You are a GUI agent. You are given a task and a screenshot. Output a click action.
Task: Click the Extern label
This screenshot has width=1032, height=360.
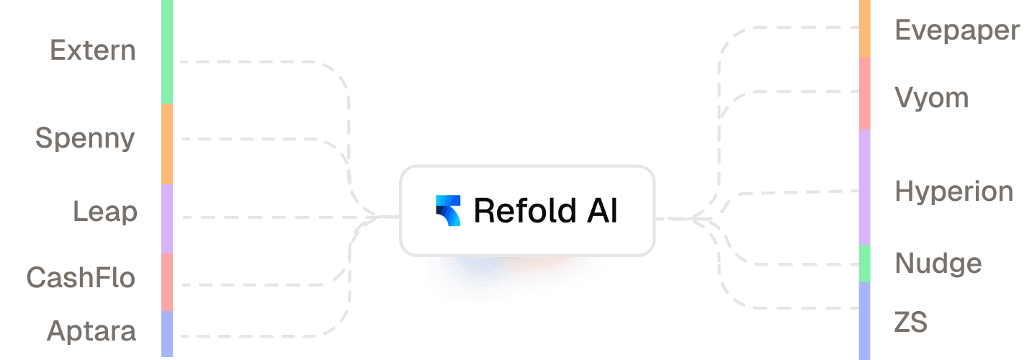[93, 50]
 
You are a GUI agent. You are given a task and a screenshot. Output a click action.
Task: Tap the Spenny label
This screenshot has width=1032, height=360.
[85, 138]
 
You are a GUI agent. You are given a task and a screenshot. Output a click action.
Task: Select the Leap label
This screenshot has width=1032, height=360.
[104, 212]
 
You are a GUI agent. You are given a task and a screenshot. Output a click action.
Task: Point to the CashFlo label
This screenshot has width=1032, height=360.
[81, 277]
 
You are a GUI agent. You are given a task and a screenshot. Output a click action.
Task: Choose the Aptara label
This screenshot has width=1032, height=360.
[91, 331]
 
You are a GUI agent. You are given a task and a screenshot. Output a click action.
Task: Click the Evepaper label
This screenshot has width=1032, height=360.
[957, 31]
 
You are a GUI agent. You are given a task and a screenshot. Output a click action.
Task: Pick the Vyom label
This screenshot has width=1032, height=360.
[931, 97]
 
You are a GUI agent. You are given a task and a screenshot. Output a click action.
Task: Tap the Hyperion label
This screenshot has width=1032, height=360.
[954, 192]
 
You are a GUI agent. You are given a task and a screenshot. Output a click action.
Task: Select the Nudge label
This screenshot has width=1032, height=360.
[938, 264]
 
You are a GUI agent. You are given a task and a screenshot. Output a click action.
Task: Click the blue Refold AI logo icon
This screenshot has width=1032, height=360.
[448, 210]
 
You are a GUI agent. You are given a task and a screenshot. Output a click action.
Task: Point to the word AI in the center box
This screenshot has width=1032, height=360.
[603, 210]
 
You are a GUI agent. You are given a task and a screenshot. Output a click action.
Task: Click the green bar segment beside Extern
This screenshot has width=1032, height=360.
[167, 51]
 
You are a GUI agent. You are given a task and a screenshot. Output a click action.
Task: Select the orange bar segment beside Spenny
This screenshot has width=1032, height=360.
[167, 143]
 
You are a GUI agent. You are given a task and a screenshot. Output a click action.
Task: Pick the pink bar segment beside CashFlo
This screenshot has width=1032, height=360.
[167, 282]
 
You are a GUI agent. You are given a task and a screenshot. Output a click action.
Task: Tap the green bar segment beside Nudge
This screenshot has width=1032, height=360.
[865, 263]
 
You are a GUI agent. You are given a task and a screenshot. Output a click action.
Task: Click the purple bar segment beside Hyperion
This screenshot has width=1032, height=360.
[865, 186]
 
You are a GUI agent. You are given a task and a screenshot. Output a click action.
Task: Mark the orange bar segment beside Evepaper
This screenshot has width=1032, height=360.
[865, 29]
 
